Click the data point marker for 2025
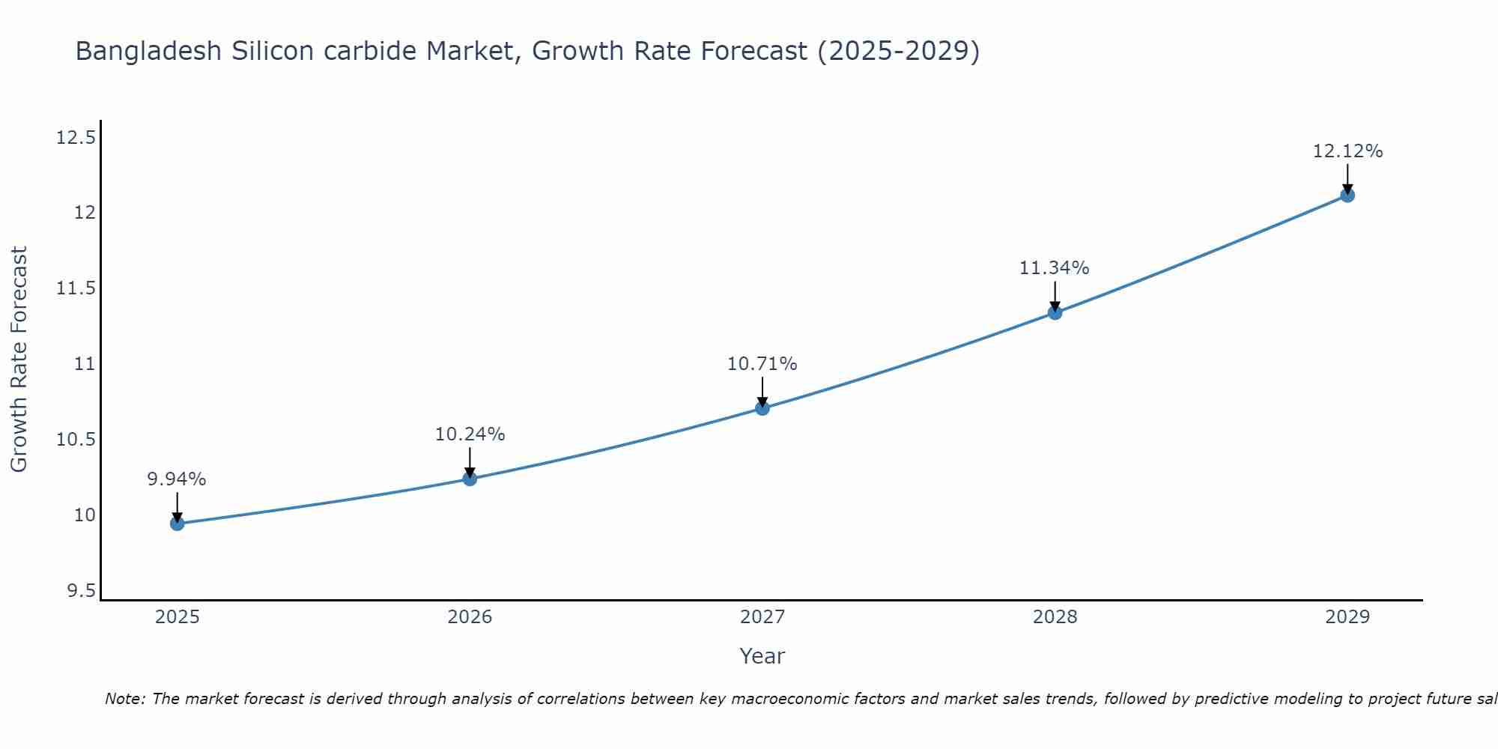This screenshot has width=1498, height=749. click(178, 524)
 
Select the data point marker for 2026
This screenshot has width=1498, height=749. click(470, 479)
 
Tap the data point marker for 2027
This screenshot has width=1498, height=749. click(762, 408)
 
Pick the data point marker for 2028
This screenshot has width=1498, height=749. click(1055, 313)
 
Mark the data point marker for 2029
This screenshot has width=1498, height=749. click(1347, 195)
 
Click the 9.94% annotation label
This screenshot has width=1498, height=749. click(176, 479)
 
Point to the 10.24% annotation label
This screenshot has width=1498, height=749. click(470, 434)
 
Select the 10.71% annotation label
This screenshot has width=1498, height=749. click(762, 364)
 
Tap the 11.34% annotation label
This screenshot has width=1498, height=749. click(1054, 268)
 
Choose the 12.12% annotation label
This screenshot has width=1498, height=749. click(1347, 151)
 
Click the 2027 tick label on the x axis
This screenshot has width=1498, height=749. click(762, 617)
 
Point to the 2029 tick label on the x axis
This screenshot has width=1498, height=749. click(1347, 617)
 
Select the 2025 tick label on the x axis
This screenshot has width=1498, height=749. click(178, 617)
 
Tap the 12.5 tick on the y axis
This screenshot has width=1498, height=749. click(76, 138)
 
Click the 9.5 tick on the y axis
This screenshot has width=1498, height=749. click(81, 591)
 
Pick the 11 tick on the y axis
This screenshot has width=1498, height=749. click(84, 364)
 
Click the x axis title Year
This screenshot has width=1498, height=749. click(762, 656)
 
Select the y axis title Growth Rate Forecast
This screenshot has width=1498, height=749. click(19, 360)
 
